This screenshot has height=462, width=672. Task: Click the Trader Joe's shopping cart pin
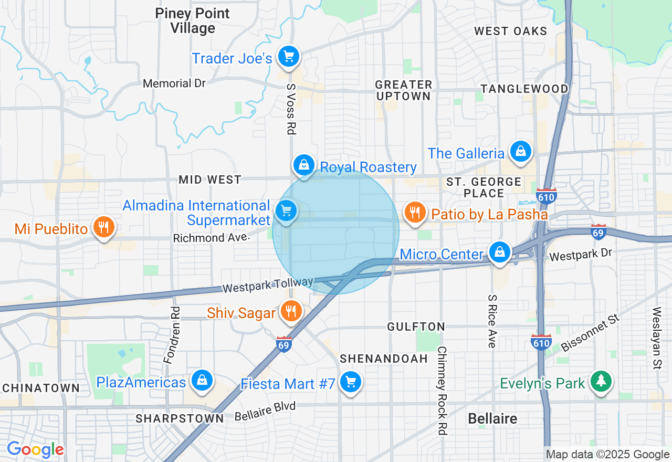pyautogui.click(x=288, y=56)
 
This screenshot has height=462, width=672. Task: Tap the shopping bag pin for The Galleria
pyautogui.click(x=520, y=151)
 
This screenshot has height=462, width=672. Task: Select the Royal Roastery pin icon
pyautogui.click(x=304, y=165)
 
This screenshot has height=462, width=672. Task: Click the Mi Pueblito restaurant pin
pyautogui.click(x=104, y=227)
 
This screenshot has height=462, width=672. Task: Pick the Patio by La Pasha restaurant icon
pyautogui.click(x=415, y=213)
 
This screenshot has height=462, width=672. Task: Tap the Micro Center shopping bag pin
pyautogui.click(x=500, y=252)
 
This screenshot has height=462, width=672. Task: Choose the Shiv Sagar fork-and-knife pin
pyautogui.click(x=290, y=311)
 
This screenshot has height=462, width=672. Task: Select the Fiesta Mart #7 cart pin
pyautogui.click(x=350, y=382)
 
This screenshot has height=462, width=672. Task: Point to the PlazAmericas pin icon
pyautogui.click(x=202, y=380)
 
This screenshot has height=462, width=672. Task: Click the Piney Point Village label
pyautogui.click(x=193, y=21)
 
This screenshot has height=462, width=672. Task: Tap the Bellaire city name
pyautogui.click(x=492, y=418)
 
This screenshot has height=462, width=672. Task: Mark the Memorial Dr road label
pyautogui.click(x=174, y=83)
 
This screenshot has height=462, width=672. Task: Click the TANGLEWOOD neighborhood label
pyautogui.click(x=524, y=89)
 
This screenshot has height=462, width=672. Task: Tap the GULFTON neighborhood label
pyautogui.click(x=416, y=327)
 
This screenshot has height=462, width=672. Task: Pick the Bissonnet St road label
pyautogui.click(x=591, y=333)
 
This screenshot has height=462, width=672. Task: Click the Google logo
pyautogui.click(x=35, y=449)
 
